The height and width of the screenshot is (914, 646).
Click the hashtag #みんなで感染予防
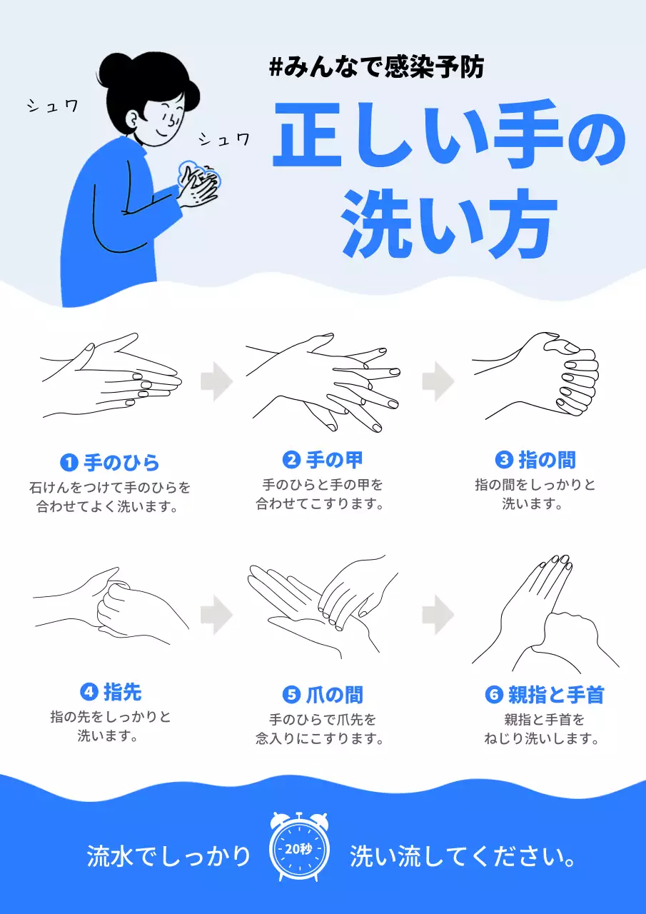click(x=377, y=69)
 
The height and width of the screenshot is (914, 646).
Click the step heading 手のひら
click(x=121, y=463)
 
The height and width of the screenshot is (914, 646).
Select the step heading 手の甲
click(x=334, y=459)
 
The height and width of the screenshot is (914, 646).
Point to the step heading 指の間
click(x=546, y=459)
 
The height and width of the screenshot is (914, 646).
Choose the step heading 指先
click(x=122, y=691)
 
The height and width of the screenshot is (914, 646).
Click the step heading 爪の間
click(x=334, y=694)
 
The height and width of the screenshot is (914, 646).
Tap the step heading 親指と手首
click(x=555, y=694)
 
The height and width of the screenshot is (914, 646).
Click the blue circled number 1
click(x=69, y=463)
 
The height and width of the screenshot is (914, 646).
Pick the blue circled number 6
click(x=495, y=694)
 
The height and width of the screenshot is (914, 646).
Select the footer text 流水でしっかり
click(x=168, y=856)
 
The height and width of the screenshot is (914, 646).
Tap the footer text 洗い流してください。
click(x=463, y=856)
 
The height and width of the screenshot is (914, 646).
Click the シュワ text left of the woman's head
click(x=52, y=107)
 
